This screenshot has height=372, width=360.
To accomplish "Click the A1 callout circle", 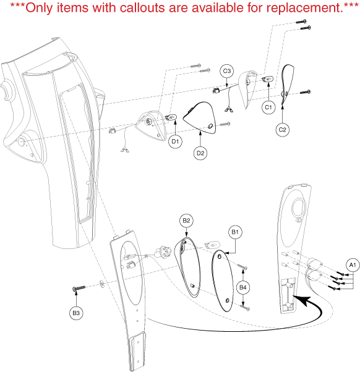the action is click(x=353, y=265).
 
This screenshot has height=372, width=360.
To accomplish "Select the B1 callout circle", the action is click(x=235, y=232).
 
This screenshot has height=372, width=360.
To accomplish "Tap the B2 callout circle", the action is click(x=186, y=221).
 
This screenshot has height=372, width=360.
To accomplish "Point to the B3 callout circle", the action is click(x=76, y=313).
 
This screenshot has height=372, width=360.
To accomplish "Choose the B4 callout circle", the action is click(x=243, y=287).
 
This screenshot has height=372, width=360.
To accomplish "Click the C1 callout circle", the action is click(x=268, y=108).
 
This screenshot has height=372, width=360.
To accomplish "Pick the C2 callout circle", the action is click(x=283, y=130).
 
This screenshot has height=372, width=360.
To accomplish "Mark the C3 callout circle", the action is click(x=227, y=71).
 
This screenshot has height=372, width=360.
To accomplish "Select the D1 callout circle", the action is click(x=175, y=142).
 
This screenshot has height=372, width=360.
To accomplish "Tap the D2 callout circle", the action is click(x=200, y=153).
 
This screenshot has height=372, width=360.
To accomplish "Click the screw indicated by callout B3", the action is click(x=79, y=288).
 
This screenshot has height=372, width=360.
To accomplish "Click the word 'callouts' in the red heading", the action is click(x=142, y=7).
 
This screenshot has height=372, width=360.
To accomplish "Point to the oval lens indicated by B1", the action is click(x=222, y=281).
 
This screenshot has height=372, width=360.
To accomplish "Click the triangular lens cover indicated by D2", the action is click(x=200, y=117).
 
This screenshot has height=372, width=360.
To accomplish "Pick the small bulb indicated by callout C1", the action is click(x=268, y=78).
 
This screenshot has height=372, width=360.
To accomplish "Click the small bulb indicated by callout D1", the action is click(x=171, y=117).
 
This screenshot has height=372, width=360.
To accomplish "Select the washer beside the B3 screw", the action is click(x=102, y=284).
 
